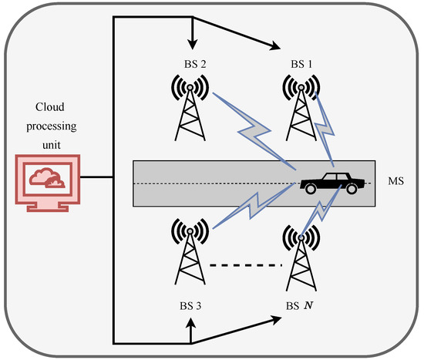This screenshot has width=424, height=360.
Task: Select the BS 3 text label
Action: tap(190, 306)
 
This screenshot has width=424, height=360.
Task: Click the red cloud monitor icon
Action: tap(45, 179)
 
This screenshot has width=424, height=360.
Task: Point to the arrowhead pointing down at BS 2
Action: tap(189, 44)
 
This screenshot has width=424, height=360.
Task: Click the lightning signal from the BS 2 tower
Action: tap(254, 131)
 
